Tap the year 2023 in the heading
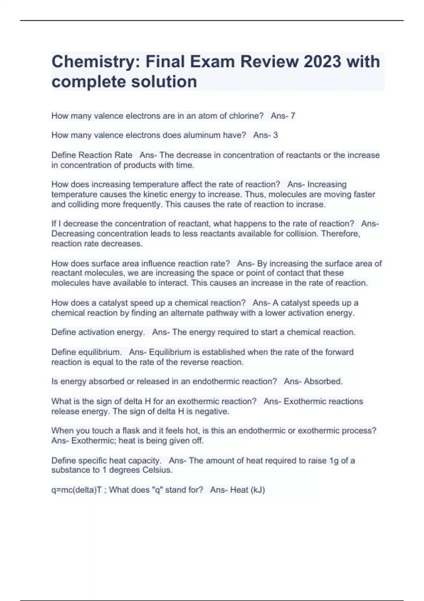point(322,62)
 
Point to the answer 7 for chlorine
point(293,116)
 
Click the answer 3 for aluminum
point(275,135)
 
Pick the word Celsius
point(157,470)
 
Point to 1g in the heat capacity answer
point(334,461)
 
